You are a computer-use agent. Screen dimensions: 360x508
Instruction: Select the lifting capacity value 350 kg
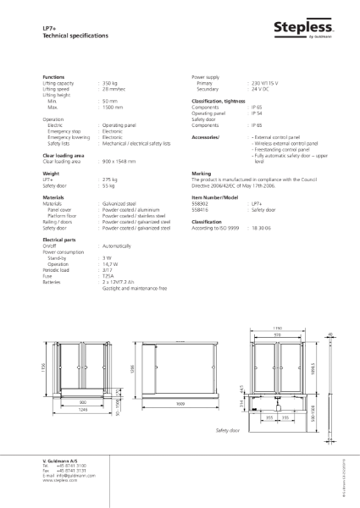point(114,83)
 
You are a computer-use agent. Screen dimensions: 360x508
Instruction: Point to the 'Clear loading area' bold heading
point(63,156)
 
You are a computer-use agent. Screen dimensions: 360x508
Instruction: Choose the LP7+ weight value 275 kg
point(109,179)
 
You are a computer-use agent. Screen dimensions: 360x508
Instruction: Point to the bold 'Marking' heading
point(202,173)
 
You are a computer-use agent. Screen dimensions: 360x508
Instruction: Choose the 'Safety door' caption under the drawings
point(228,430)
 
